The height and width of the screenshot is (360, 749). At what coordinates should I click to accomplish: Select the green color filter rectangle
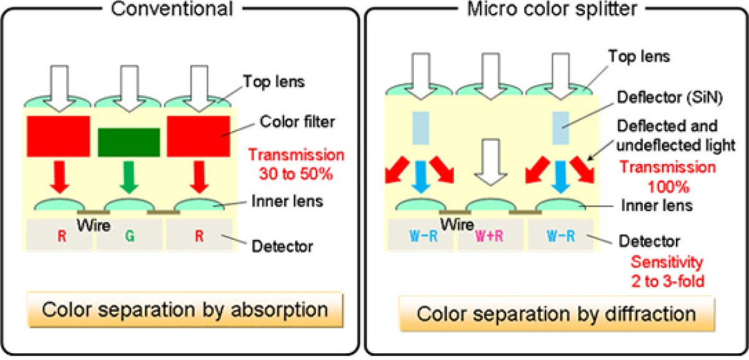(128, 142)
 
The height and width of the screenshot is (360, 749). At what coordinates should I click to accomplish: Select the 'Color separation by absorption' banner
(185, 309)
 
